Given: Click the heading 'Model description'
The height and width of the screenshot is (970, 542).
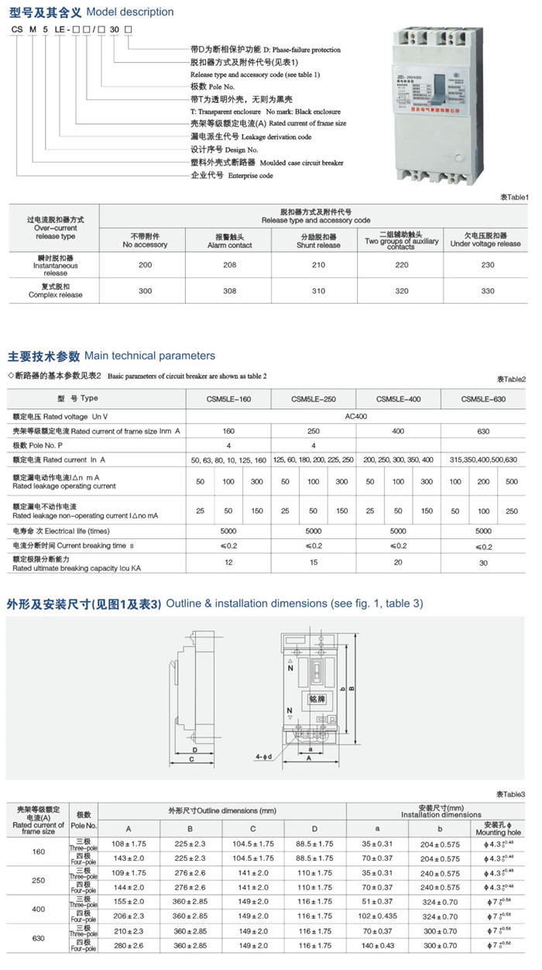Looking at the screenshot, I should click(130, 12).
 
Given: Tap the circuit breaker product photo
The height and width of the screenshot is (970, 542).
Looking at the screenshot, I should click(440, 101).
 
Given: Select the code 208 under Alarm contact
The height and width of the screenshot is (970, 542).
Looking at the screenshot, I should click(230, 265).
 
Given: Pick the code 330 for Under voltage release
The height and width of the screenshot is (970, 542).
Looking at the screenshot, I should click(485, 291).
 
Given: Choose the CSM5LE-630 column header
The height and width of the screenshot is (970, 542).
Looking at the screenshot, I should click(483, 398).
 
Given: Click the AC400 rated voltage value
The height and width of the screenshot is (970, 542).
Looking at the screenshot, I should click(355, 415).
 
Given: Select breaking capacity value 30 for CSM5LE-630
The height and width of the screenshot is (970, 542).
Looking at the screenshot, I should click(483, 562).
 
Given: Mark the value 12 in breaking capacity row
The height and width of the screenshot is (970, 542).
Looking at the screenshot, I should click(228, 562).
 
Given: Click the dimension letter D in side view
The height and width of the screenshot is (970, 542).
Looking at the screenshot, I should click(196, 750).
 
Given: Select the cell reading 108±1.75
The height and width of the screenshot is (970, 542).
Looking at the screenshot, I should click(129, 843).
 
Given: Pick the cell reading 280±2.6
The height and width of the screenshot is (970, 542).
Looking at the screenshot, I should click(129, 946).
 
